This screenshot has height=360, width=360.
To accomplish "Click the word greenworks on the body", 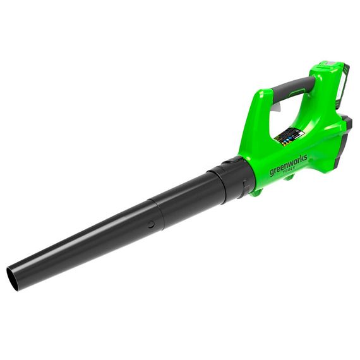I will click(x=289, y=163).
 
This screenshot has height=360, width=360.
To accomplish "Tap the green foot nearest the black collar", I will click(x=258, y=189).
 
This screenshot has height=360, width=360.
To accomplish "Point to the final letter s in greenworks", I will click(x=306, y=155).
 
